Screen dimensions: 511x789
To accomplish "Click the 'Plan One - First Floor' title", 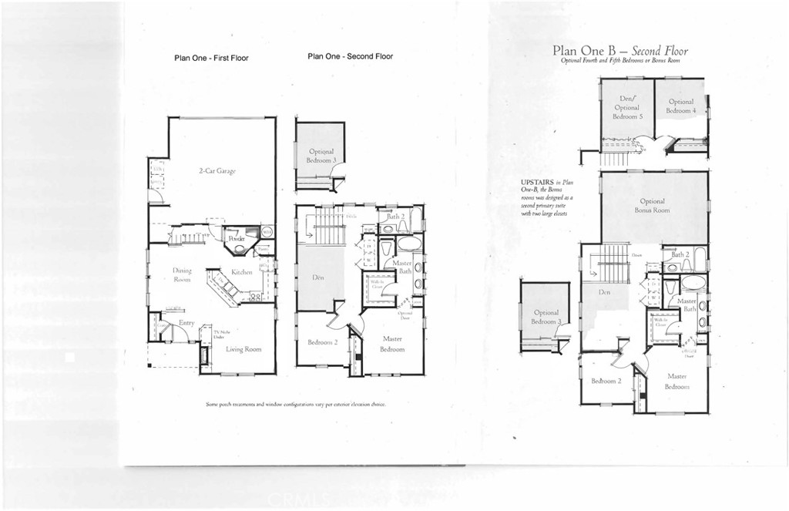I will pyautogui.click(x=211, y=58).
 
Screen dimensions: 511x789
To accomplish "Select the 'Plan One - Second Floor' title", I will pyautogui.click(x=350, y=56).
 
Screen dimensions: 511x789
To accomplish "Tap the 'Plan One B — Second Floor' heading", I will pyautogui.click(x=619, y=51).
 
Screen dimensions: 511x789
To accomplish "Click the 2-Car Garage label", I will pyautogui.click(x=216, y=171).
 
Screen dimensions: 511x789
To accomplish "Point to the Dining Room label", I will pyautogui.click(x=182, y=274).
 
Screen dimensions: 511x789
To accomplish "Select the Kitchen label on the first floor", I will pyautogui.click(x=242, y=273).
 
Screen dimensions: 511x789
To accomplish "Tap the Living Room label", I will pyautogui.click(x=243, y=349).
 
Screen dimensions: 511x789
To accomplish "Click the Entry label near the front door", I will pyautogui.click(x=186, y=323).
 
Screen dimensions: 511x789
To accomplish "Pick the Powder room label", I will pyautogui.click(x=237, y=239).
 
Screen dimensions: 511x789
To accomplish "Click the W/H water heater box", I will pyautogui.click(x=267, y=231).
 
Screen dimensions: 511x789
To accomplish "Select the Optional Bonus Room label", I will pyautogui.click(x=652, y=206).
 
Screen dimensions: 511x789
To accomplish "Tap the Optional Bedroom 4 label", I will pyautogui.click(x=681, y=106).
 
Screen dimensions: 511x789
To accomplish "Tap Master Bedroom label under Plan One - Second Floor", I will pyautogui.click(x=391, y=345).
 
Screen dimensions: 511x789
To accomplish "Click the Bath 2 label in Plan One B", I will pyautogui.click(x=680, y=254).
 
